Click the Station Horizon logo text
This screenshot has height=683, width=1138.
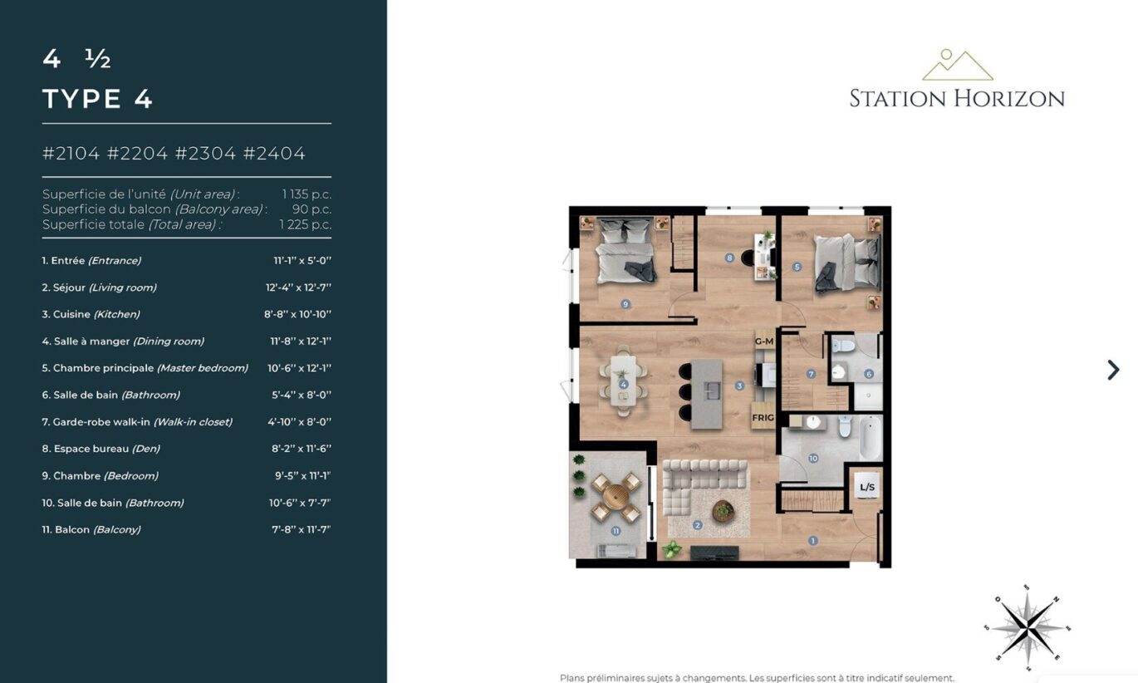(x=957, y=99)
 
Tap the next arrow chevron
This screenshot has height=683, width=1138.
(x=1113, y=370)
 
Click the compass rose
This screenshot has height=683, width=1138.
(x=1028, y=629)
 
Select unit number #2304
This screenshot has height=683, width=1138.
(x=206, y=153)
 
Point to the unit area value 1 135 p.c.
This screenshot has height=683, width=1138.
(x=307, y=194)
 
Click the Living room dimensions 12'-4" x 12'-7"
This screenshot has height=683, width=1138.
(x=298, y=287)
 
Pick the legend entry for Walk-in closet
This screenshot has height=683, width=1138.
(x=137, y=422)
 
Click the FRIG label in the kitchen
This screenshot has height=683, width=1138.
(x=763, y=417)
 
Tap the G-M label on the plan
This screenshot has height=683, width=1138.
(x=764, y=341)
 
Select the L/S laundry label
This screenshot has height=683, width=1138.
(x=867, y=488)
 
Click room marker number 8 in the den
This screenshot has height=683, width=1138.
(x=729, y=258)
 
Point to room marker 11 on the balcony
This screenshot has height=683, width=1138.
(x=616, y=531)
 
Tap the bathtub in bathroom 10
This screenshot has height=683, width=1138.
(x=871, y=438)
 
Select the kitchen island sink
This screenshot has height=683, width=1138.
(x=711, y=391)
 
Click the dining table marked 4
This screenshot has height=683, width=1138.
(x=623, y=380)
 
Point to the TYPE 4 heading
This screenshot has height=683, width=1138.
(x=97, y=99)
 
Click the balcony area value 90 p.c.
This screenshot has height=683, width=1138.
(x=311, y=209)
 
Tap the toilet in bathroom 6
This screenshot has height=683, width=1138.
(x=843, y=346)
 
